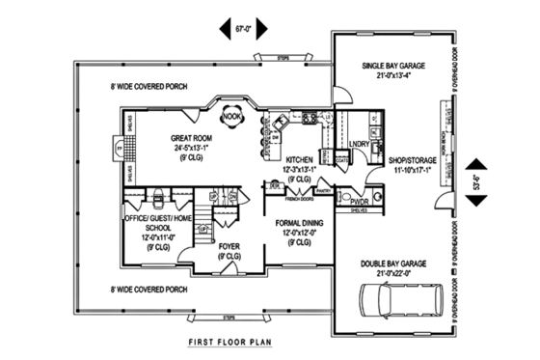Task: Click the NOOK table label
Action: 232,117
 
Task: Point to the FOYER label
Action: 229,246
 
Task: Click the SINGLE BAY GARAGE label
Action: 392,67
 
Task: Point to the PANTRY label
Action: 323,191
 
